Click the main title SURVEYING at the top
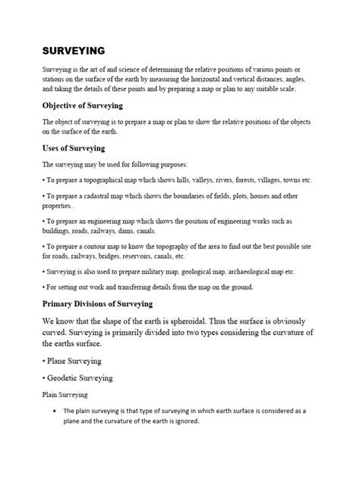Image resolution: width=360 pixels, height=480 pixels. (x=73, y=50)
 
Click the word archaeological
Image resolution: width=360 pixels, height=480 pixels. (x=264, y=270)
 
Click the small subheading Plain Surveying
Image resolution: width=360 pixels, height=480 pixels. (x=65, y=395)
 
